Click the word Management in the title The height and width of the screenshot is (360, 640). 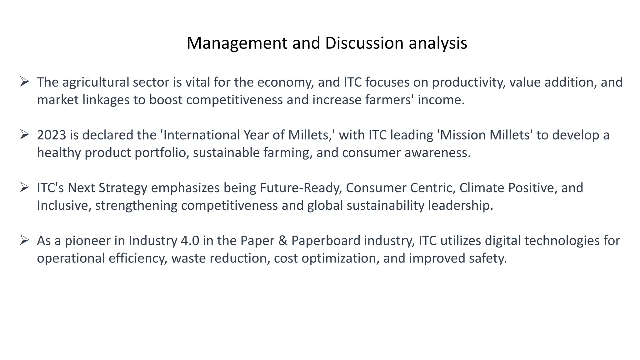[x=237, y=43]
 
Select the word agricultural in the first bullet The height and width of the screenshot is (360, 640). [x=96, y=82]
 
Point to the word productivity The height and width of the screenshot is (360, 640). [x=469, y=82]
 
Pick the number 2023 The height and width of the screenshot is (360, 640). [x=52, y=135]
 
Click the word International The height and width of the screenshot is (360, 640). [x=202, y=135]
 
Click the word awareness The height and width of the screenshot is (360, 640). [x=437, y=152]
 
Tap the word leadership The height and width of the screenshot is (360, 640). [x=460, y=205]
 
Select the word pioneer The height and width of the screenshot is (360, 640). [x=87, y=241]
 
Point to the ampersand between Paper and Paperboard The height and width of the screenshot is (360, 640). [x=282, y=241]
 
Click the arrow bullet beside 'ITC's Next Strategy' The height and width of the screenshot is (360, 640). [x=24, y=187]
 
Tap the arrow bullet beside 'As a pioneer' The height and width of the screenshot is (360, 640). [x=24, y=240]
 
